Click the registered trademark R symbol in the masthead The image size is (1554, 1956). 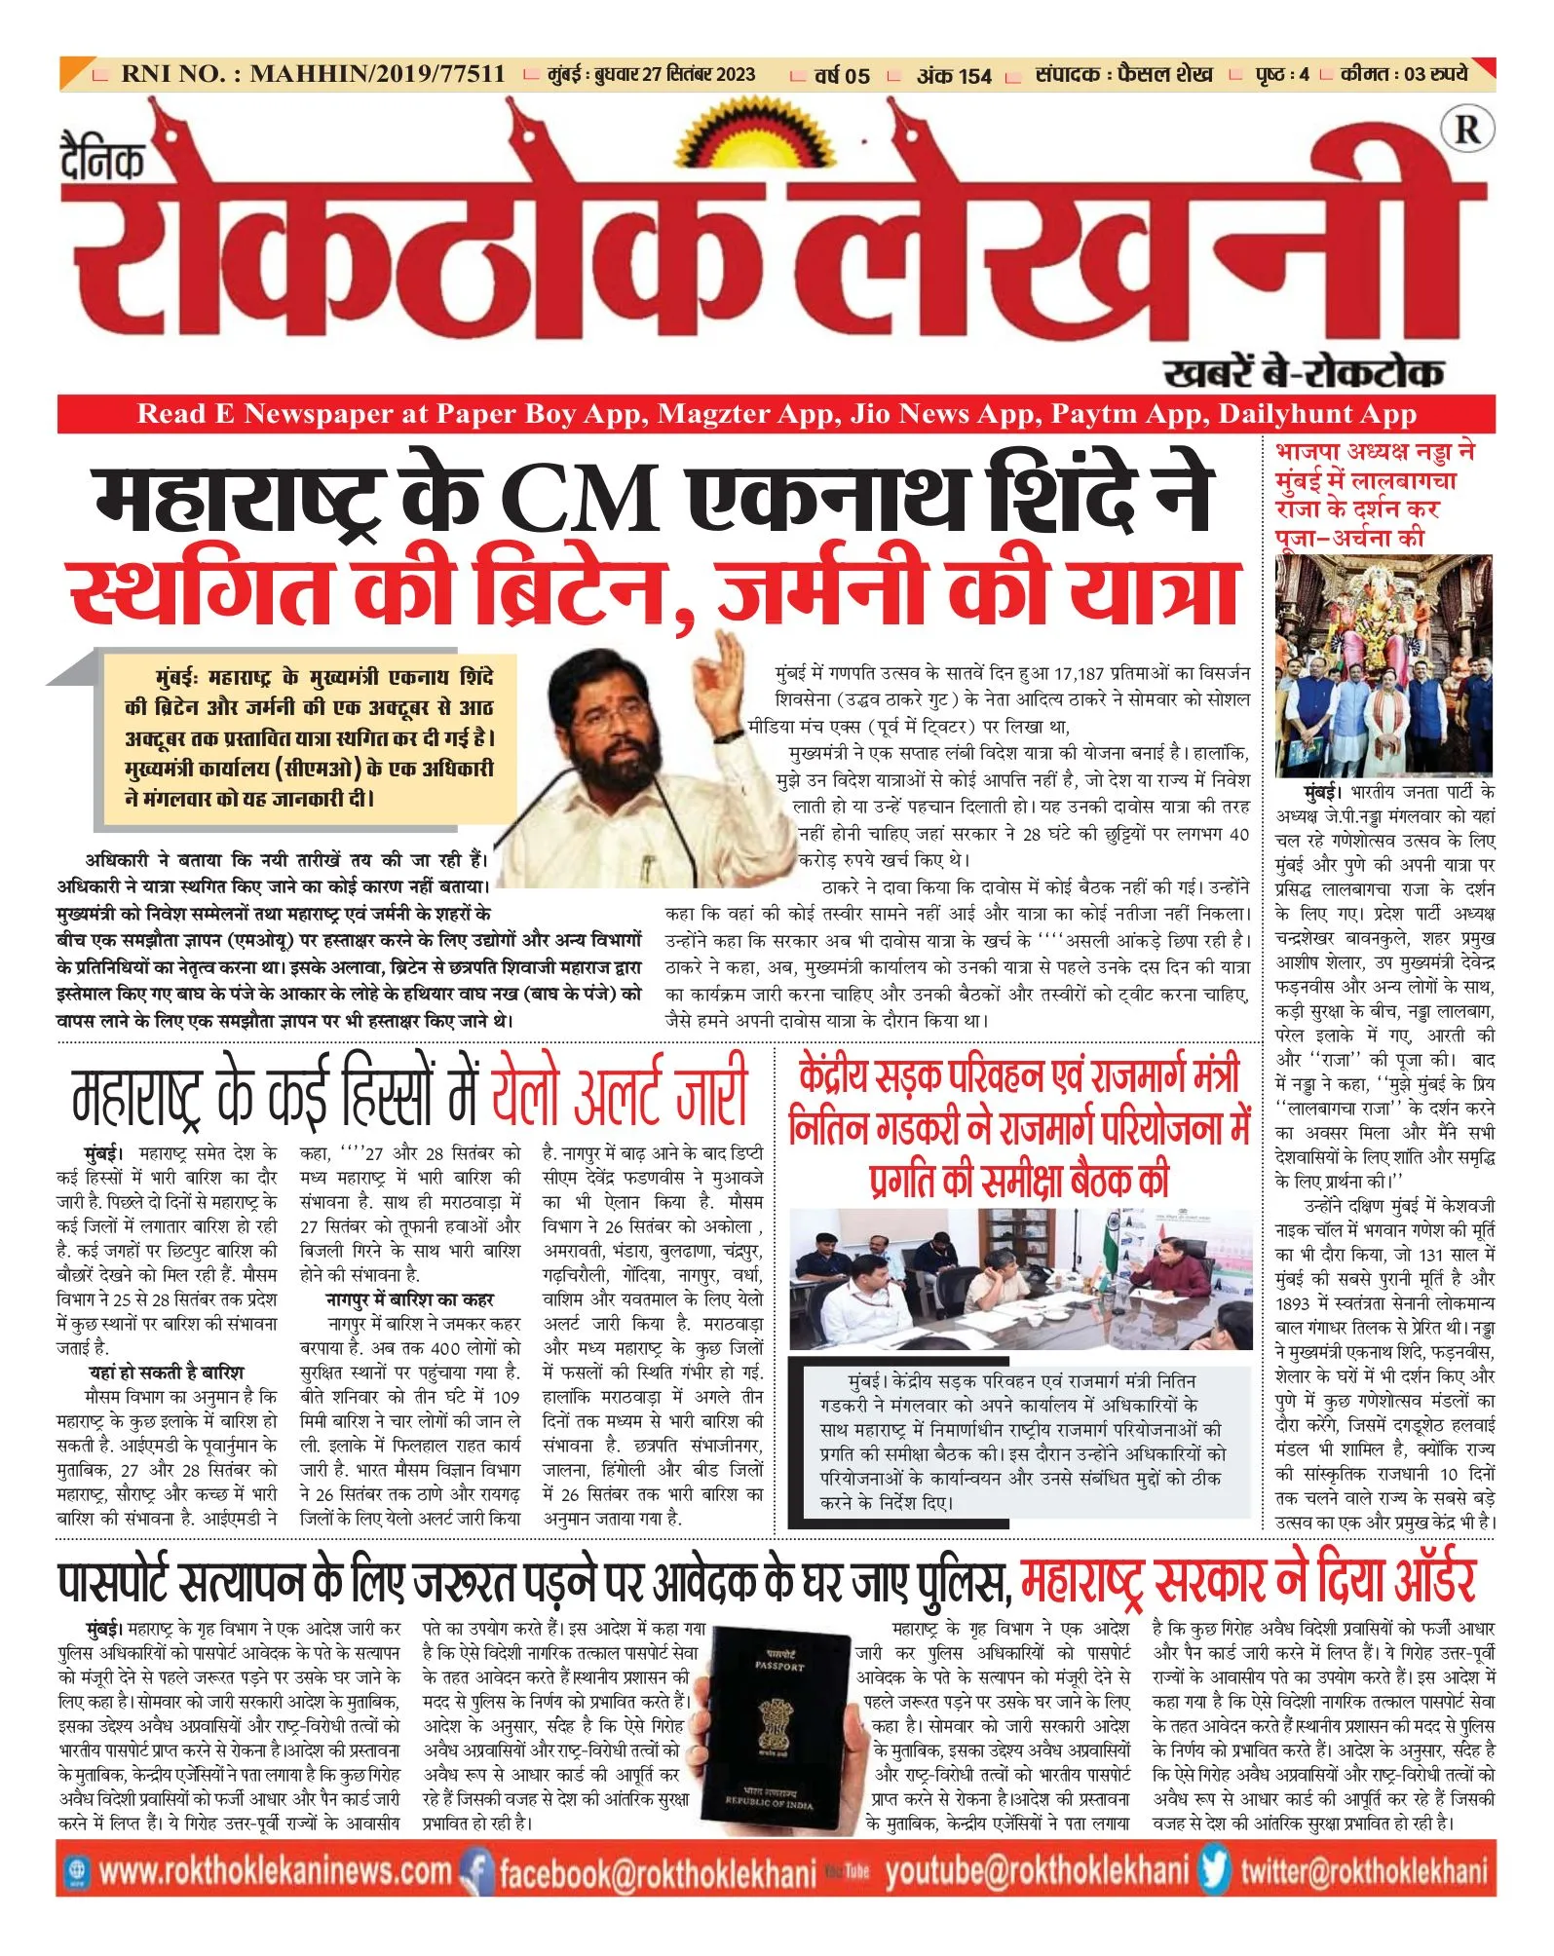point(1465,130)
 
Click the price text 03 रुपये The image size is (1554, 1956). point(1435,74)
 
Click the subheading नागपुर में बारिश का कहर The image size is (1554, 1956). point(409,1299)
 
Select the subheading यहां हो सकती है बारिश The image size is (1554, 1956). point(167,1373)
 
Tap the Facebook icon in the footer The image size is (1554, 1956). point(475,1872)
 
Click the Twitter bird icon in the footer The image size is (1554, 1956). point(1214,1870)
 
